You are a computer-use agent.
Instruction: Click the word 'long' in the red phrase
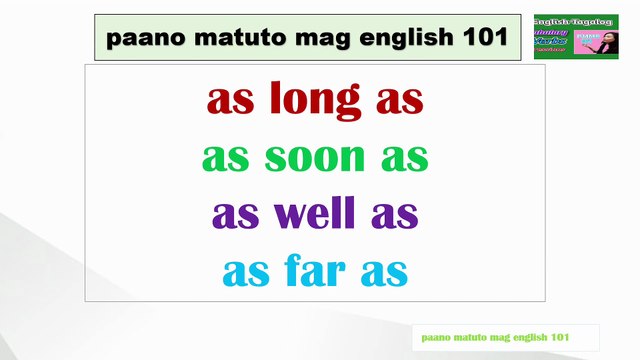[x=310, y=100]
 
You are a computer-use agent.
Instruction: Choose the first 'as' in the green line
[x=223, y=159]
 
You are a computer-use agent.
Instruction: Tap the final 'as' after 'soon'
[x=406, y=159]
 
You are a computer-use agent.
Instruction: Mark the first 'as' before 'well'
[x=233, y=216]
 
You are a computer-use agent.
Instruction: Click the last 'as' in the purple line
[x=395, y=216]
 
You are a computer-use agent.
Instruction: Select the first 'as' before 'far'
[x=243, y=273]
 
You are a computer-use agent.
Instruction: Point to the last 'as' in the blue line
[x=385, y=273]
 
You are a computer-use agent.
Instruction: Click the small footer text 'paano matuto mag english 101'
[x=495, y=337]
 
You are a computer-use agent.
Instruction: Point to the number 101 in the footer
[x=559, y=337]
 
